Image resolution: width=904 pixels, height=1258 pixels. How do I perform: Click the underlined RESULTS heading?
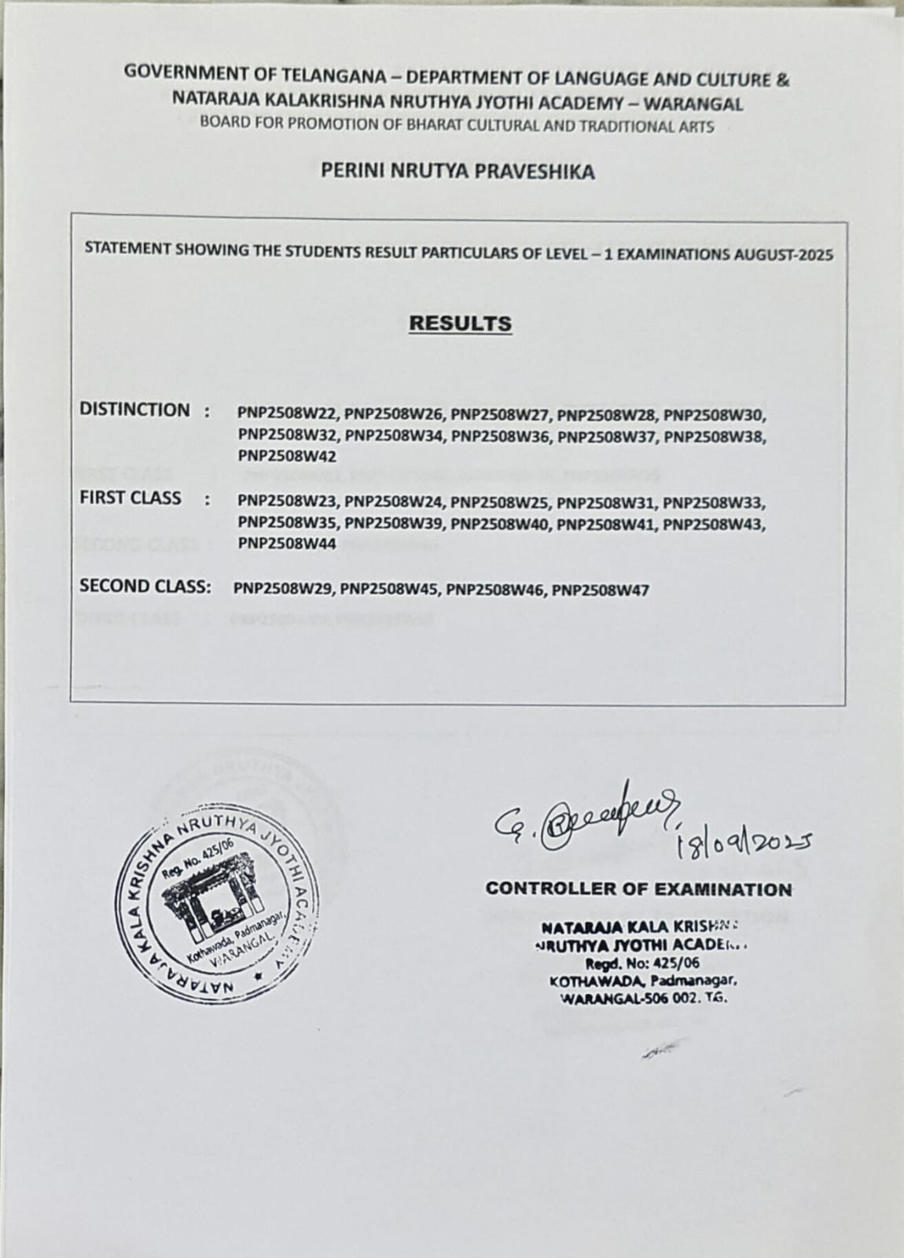(461, 324)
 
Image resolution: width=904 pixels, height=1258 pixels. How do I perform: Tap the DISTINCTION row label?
(134, 410)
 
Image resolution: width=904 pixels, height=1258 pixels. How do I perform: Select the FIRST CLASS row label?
(130, 498)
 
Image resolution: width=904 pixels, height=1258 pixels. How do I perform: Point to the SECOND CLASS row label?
(145, 586)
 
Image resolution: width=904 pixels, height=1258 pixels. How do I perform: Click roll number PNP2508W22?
(290, 414)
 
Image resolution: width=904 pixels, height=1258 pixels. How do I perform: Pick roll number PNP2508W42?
(288, 456)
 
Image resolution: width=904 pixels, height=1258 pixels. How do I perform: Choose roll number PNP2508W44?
(288, 543)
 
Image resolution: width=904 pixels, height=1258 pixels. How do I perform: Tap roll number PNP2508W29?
(285, 590)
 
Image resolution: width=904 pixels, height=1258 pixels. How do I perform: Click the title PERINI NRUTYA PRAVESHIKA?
(458, 171)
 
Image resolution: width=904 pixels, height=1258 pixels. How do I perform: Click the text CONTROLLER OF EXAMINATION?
(638, 889)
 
